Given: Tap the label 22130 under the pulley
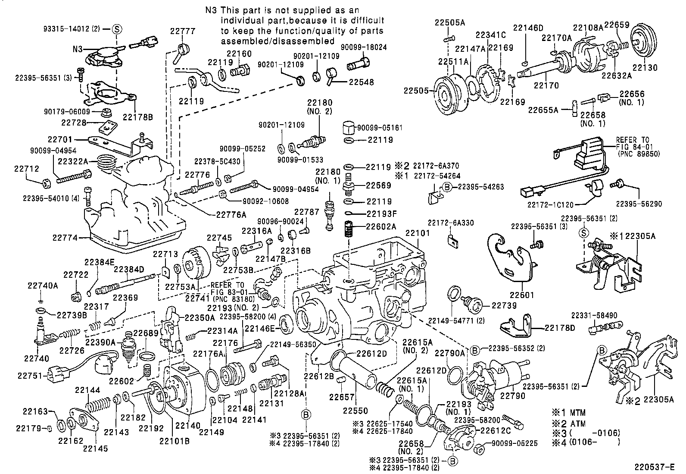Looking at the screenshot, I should coord(645,68).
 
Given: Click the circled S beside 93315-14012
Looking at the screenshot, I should coord(118,29).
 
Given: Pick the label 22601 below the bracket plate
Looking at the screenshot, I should coord(522,295).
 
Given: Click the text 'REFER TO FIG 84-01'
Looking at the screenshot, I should coord(632,144).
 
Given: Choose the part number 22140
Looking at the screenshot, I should coord(189,426).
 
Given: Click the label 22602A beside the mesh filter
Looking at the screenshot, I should coord(381,226).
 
